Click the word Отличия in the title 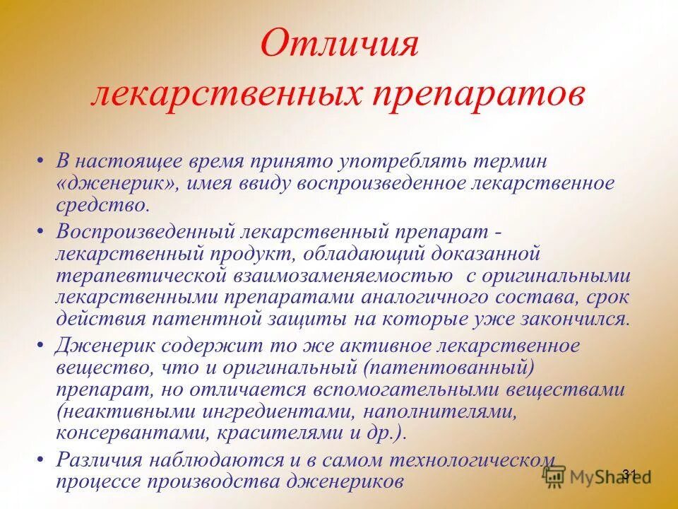point(340,45)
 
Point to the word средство point(103,206)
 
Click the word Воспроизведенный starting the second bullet point(146,231)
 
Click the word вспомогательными point(411,390)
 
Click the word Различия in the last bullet point(106,460)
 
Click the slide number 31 point(630,474)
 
